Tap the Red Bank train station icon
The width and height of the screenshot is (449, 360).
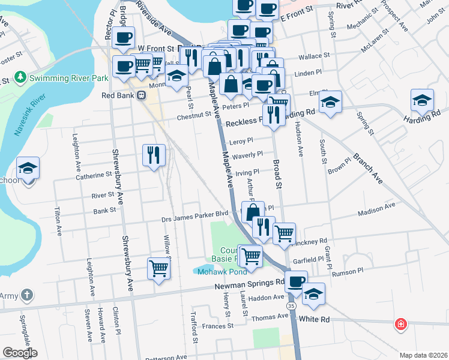coord(141,95)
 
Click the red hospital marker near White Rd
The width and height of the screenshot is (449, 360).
coord(400,325)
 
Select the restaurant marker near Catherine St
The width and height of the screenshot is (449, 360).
coord(153,155)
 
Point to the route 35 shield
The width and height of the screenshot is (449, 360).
coord(291,306)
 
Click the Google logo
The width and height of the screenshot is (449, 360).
coord(20,353)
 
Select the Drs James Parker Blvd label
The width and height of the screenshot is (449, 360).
coord(195,214)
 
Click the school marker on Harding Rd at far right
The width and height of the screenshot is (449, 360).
coord(423,100)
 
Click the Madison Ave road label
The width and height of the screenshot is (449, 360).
coord(376,209)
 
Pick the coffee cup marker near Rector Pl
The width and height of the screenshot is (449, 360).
coord(123,38)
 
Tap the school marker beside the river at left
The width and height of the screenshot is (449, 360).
coord(28,169)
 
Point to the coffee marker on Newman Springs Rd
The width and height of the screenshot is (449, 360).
coord(295,282)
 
